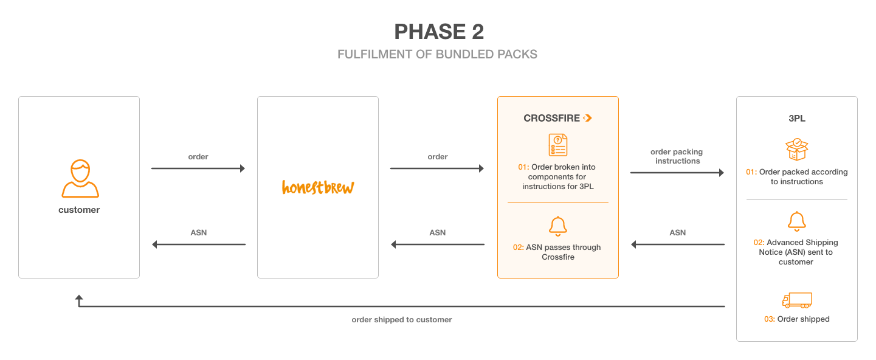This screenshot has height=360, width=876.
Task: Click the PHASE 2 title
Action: coord(439,32)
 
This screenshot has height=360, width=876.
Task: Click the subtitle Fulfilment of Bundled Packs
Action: coord(437,54)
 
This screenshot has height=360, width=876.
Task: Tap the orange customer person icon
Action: coord(80,178)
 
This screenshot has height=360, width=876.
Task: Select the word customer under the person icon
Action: coord(79,210)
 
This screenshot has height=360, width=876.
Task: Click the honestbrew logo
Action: coord(318,187)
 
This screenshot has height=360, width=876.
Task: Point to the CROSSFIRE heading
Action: coord(551,118)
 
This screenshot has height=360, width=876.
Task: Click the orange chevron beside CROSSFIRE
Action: coord(587,118)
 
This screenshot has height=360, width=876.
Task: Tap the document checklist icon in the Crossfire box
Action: coord(558,145)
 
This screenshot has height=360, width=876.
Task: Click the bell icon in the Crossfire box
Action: coord(558,226)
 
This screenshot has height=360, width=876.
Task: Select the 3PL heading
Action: coord(796,118)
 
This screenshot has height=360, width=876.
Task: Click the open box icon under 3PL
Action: coord(796,149)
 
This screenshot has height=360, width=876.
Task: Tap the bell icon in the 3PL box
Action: coord(796,221)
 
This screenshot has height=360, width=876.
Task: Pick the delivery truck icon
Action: coord(797,300)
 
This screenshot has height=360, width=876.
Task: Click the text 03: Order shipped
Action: coord(796,319)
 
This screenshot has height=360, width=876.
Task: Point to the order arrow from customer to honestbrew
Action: coord(198,168)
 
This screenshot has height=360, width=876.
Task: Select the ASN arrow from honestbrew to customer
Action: coord(199,244)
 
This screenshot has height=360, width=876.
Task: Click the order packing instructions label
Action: coord(677,156)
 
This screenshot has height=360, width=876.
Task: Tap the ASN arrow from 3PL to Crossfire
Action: coord(678,244)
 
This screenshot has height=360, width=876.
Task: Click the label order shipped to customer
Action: coord(402,320)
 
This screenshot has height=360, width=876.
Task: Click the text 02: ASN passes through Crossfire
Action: coord(557,252)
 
